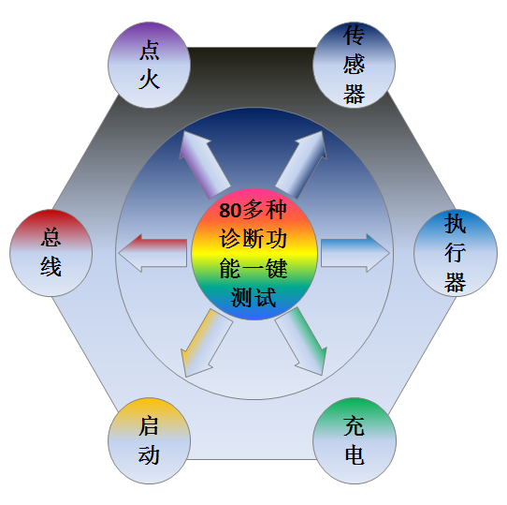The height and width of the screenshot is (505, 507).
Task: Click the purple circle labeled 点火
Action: (149, 65)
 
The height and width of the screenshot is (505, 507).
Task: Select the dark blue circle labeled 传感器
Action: (355, 65)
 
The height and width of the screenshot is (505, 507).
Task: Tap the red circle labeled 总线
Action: (51, 253)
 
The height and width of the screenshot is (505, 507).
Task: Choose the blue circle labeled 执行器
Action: (456, 253)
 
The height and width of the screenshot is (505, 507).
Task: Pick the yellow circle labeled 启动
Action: (149, 440)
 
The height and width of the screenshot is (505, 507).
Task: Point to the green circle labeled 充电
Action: (355, 440)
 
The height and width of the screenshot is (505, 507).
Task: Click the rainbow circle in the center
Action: (253, 254)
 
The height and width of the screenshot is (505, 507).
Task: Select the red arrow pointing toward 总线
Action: (152, 253)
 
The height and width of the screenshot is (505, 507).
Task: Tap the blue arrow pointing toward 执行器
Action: (355, 253)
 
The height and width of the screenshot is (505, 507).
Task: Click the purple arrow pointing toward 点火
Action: (204, 165)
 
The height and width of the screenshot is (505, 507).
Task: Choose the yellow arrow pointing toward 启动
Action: (207, 343)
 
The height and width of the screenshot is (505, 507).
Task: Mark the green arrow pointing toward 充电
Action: (301, 342)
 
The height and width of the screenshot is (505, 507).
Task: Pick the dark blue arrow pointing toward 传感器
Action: (301, 165)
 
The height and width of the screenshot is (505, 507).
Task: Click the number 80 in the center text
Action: (230, 211)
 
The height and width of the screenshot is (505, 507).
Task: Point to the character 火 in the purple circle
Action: (150, 79)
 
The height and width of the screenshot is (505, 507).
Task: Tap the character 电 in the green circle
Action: (355, 454)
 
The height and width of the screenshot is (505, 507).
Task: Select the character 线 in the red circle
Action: (51, 267)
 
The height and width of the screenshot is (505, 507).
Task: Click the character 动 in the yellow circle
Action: (149, 454)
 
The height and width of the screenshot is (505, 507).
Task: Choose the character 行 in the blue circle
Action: (456, 253)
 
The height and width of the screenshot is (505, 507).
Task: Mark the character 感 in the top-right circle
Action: (355, 65)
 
